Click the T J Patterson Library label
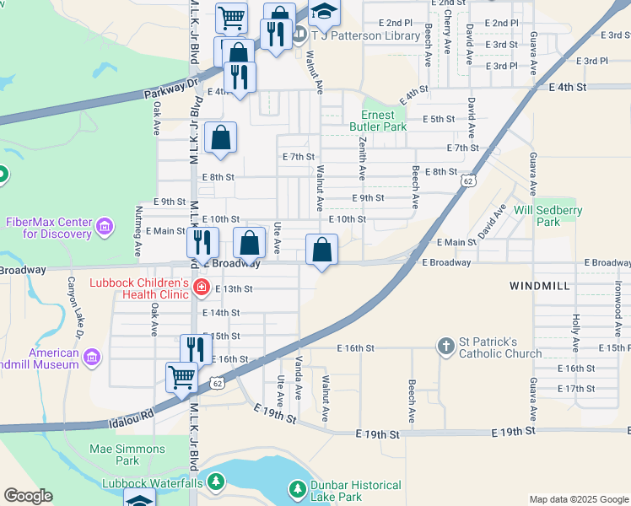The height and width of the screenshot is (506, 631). point(365,36)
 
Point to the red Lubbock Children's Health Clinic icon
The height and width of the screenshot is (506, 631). point(201,288)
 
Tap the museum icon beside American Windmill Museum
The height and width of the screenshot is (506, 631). point(92,358)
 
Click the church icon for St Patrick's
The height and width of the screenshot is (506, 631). point(445,347)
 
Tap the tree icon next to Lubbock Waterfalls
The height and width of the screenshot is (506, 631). point(218,483)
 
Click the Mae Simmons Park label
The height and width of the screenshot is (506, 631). point(115,455)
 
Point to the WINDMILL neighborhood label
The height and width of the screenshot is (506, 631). point(540,287)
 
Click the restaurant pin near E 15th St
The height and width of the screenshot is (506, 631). point(194,347)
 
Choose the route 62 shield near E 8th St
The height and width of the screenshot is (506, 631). point(467,180)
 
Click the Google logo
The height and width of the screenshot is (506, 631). point(29,496)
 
